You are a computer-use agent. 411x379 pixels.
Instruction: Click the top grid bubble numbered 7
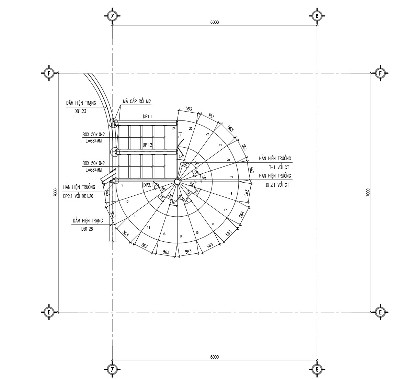click(x=112, y=16)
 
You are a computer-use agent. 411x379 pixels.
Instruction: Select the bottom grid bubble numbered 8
click(x=317, y=370)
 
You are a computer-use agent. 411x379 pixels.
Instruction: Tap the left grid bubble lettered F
click(x=49, y=73)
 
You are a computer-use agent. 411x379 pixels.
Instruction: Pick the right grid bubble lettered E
click(x=380, y=312)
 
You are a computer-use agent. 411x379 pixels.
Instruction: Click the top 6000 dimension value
click(x=214, y=22)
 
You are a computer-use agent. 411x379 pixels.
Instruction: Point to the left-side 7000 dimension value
click(x=55, y=192)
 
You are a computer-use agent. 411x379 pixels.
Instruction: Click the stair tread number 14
click(x=181, y=237)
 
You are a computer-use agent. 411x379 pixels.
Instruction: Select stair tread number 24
click(x=174, y=128)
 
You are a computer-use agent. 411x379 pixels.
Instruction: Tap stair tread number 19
click(x=231, y=177)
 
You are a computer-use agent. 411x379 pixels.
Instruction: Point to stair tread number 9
click(x=123, y=185)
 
